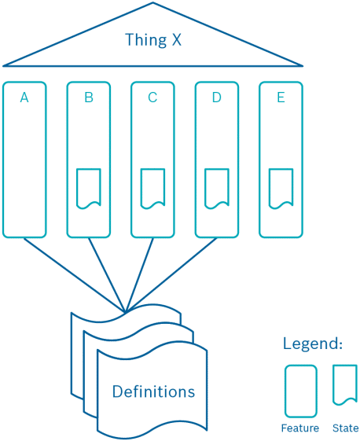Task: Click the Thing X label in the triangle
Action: pyautogui.click(x=153, y=40)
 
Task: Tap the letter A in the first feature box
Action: pyautogui.click(x=24, y=97)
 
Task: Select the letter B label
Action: pyautogui.click(x=89, y=97)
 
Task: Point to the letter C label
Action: pyautogui.click(x=152, y=97)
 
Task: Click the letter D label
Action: pyautogui.click(x=217, y=97)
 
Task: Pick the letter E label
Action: pyautogui.click(x=281, y=97)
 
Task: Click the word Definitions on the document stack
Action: pyautogui.click(x=153, y=391)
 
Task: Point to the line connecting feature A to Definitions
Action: pyautogui.click(x=75, y=275)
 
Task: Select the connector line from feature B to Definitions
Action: pyautogui.click(x=107, y=275)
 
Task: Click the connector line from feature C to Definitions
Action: pyautogui.click(x=139, y=275)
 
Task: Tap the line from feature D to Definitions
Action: pyautogui.click(x=171, y=275)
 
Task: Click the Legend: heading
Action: pyautogui.click(x=313, y=344)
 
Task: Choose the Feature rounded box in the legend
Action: pyautogui.click(x=285, y=391)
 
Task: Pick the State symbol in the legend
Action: pyautogui.click(x=333, y=384)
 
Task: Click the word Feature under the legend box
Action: pyautogui.click(x=300, y=428)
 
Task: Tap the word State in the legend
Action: pyautogui.click(x=345, y=428)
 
